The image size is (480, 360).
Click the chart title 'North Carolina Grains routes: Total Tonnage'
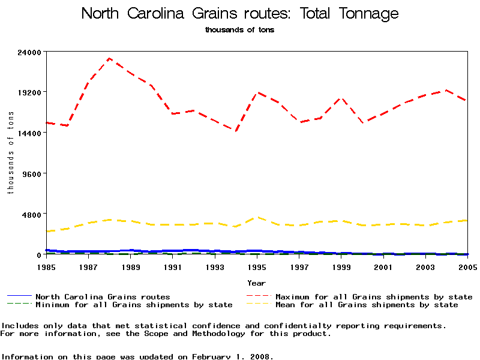[239, 13]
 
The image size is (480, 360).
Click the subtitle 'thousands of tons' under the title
[239, 29]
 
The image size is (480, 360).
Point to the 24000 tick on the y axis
[31, 52]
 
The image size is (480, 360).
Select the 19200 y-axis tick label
[31, 92]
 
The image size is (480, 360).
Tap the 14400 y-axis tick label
[31, 133]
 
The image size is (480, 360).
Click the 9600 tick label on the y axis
[33, 174]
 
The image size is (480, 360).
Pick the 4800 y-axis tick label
[33, 214]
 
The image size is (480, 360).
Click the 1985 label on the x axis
[47, 266]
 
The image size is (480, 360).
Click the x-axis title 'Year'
[257, 282]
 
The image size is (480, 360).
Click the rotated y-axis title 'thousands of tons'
[10, 153]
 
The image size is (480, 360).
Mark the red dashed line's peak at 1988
[109, 58]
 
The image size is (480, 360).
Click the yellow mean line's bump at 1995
[257, 217]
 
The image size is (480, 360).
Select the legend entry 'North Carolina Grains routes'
[103, 296]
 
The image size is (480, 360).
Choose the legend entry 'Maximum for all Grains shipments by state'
[374, 296]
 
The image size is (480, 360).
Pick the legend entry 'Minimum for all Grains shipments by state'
[134, 305]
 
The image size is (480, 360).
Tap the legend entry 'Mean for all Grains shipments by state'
[367, 305]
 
